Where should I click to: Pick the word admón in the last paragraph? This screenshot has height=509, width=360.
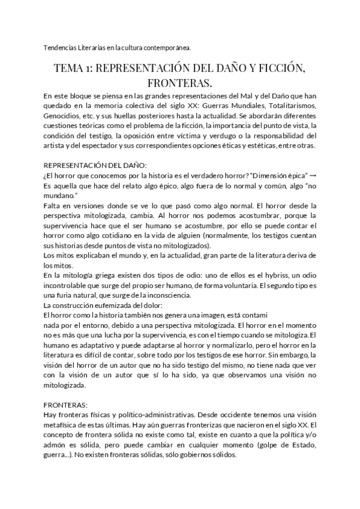click(x=56, y=445)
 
